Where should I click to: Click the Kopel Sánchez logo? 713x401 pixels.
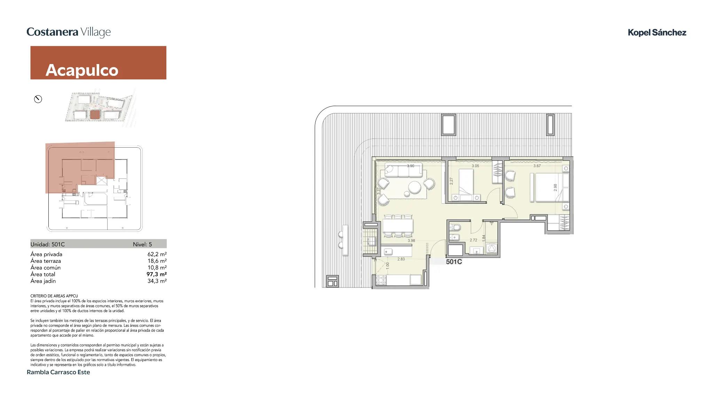pyautogui.click(x=657, y=33)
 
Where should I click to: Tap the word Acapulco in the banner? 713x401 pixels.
pyautogui.click(x=82, y=70)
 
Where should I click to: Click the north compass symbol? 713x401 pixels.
pyautogui.click(x=38, y=99)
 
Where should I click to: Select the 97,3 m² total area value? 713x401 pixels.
pyautogui.click(x=156, y=274)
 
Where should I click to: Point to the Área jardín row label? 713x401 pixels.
pyautogui.click(x=43, y=281)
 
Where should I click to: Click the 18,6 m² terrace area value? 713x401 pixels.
pyautogui.click(x=157, y=261)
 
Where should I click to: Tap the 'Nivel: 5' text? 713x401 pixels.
pyautogui.click(x=142, y=244)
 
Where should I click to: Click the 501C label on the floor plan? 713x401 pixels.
pyautogui.click(x=454, y=262)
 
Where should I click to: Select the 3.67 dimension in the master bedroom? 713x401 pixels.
pyautogui.click(x=537, y=166)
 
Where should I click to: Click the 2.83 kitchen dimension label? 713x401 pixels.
pyautogui.click(x=401, y=259)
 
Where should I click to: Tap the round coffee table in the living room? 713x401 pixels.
pyautogui.click(x=415, y=187)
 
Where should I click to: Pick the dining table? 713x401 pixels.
pyautogui.click(x=398, y=226)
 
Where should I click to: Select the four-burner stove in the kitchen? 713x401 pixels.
pyautogui.click(x=381, y=280)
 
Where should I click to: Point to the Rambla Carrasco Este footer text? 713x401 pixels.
pyautogui.click(x=58, y=372)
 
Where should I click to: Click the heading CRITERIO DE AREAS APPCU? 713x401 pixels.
pyautogui.click(x=54, y=296)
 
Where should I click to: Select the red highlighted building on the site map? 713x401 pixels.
pyautogui.click(x=95, y=115)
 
